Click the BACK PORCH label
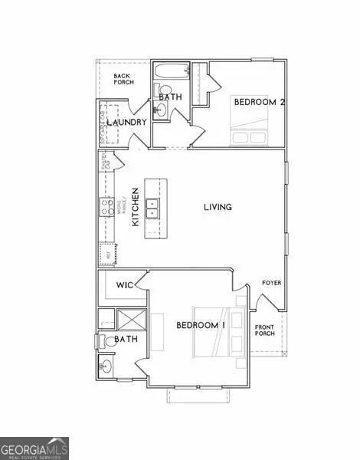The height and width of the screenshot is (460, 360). [x=123, y=79]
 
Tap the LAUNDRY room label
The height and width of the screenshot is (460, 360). [x=126, y=123]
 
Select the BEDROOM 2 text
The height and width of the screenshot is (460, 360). [x=257, y=102]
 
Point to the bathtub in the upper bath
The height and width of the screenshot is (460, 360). [x=165, y=74]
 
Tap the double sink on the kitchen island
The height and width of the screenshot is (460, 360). [x=153, y=205]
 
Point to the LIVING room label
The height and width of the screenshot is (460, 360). [x=218, y=207]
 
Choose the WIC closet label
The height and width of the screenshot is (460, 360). [x=125, y=285]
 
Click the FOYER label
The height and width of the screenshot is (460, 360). [x=271, y=283]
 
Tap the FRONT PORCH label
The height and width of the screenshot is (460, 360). [x=265, y=330]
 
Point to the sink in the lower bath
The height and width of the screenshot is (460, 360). [x=105, y=366]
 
